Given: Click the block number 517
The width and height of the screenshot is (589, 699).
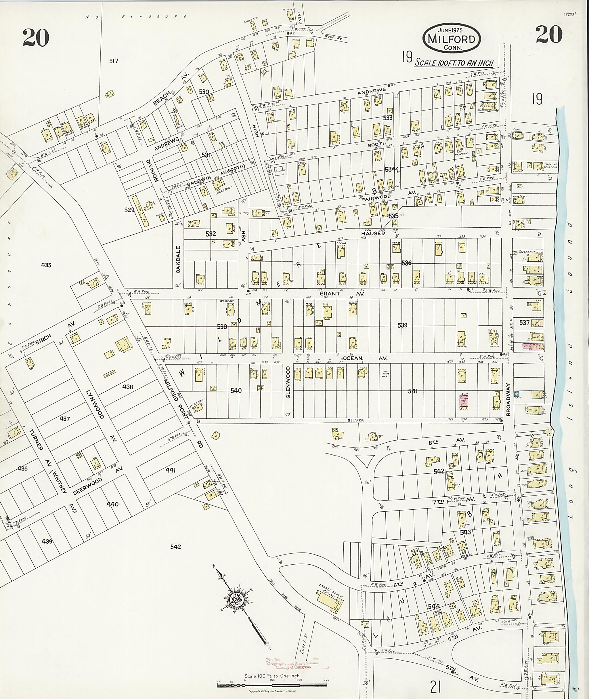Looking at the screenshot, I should click(x=114, y=61).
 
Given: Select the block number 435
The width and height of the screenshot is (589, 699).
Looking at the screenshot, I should click(x=46, y=265).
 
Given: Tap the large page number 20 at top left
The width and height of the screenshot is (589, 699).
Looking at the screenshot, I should click(x=36, y=38).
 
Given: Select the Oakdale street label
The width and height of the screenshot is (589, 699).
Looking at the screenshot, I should click(x=178, y=260).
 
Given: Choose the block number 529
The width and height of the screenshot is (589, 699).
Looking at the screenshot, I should click(x=129, y=210).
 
